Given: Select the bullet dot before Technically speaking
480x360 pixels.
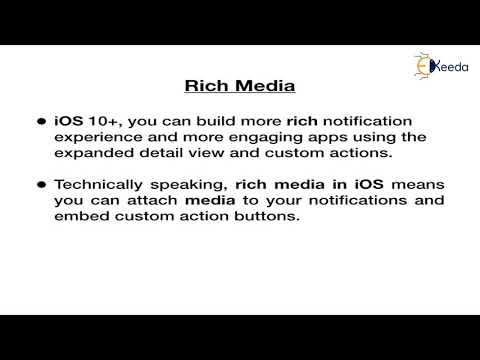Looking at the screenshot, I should pyautogui.click(x=41, y=186).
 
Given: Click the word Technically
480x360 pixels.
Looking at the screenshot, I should pyautogui.click(x=95, y=186).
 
